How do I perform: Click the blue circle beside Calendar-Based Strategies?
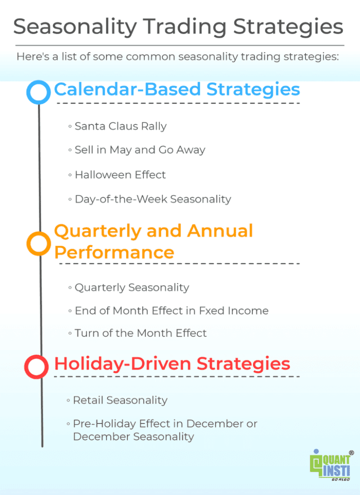pos(39,92)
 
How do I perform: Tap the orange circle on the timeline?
pos(39,244)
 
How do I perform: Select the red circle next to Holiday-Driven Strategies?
pos(37,366)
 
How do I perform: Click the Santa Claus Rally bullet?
pos(120,126)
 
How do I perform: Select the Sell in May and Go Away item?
pos(140,150)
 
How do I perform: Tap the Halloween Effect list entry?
pos(120,175)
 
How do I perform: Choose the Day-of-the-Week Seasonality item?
pos(153,199)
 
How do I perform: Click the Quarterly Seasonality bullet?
pos(132,287)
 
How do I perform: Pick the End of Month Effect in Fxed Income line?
pos(171,310)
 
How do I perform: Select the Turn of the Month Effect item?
pos(140,333)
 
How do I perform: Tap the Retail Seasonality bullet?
pos(120,400)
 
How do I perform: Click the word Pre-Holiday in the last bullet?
pos(99,424)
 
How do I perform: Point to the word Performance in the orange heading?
pos(114,252)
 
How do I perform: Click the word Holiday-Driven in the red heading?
pos(123,364)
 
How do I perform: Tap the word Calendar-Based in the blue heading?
pos(128,89)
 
